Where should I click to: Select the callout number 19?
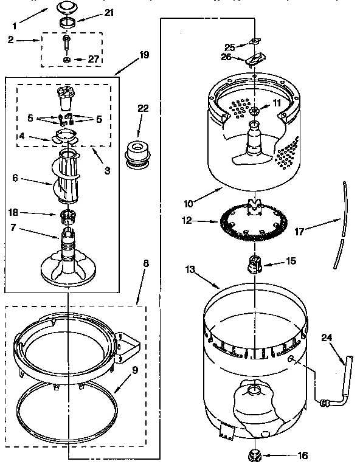(x=144, y=55)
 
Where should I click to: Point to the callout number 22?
(x=143, y=109)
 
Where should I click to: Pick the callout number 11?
(x=278, y=103)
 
